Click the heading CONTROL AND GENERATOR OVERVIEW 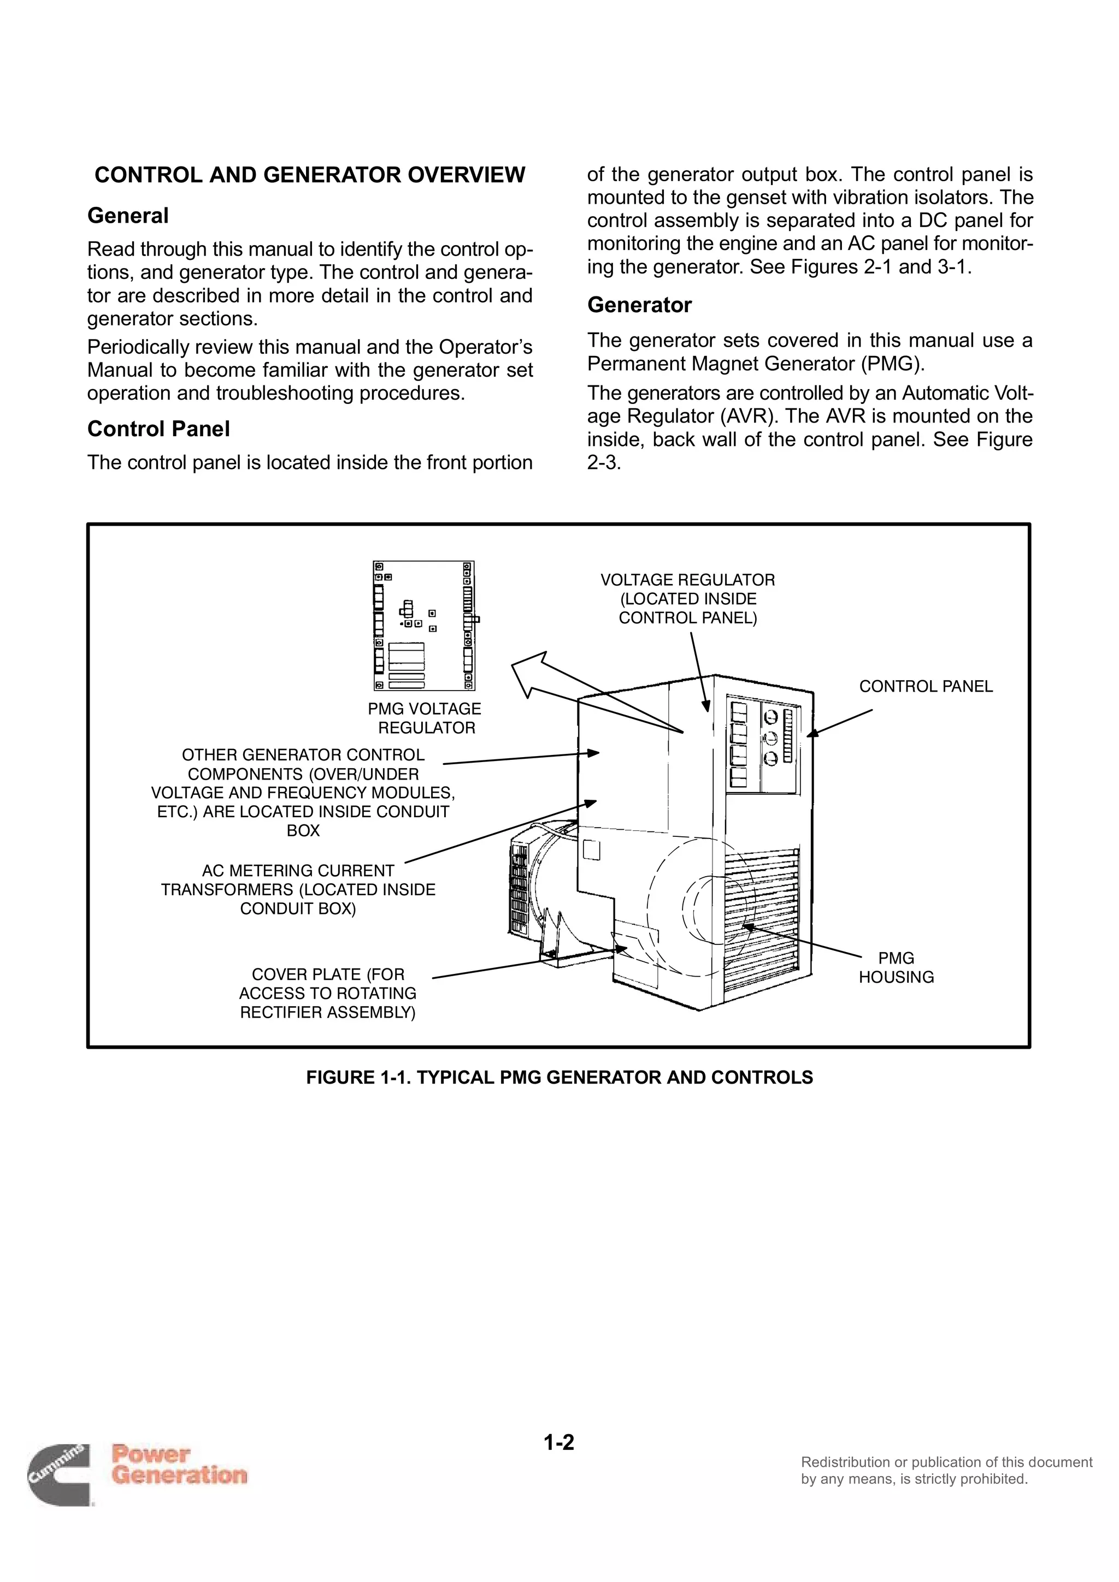click(x=310, y=175)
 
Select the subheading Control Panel click(x=158, y=429)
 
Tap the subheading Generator click(x=639, y=305)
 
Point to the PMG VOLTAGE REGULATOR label click(x=425, y=718)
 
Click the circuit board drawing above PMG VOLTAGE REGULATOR click(x=424, y=626)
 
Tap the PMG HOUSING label click(x=896, y=967)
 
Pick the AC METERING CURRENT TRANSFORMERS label click(x=298, y=889)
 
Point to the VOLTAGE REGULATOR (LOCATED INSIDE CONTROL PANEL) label click(x=687, y=599)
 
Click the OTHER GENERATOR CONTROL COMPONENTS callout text click(x=303, y=793)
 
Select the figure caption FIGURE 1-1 click(x=559, y=1077)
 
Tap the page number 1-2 click(x=558, y=1442)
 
